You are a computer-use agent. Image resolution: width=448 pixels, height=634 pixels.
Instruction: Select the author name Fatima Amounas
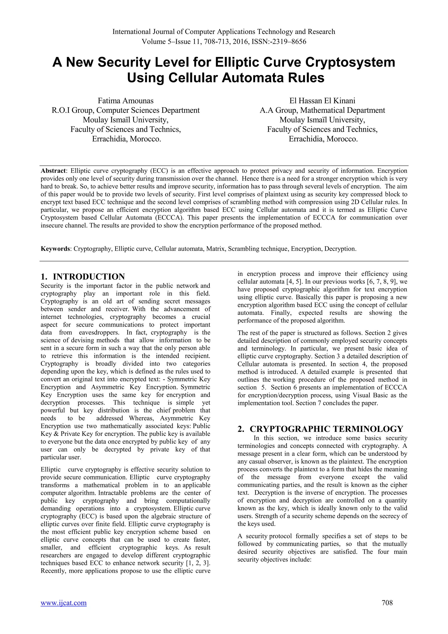pos(126,101)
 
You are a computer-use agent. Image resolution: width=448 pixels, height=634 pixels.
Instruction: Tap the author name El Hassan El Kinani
pos(322,101)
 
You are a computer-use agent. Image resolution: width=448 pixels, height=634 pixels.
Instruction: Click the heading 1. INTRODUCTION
pos(83,277)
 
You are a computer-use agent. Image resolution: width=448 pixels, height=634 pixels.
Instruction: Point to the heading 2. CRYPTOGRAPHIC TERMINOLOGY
pos(320,429)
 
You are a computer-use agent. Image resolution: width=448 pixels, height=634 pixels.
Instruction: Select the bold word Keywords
pos(55,249)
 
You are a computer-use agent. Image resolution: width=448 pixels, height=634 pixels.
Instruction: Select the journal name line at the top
pos(224,32)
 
